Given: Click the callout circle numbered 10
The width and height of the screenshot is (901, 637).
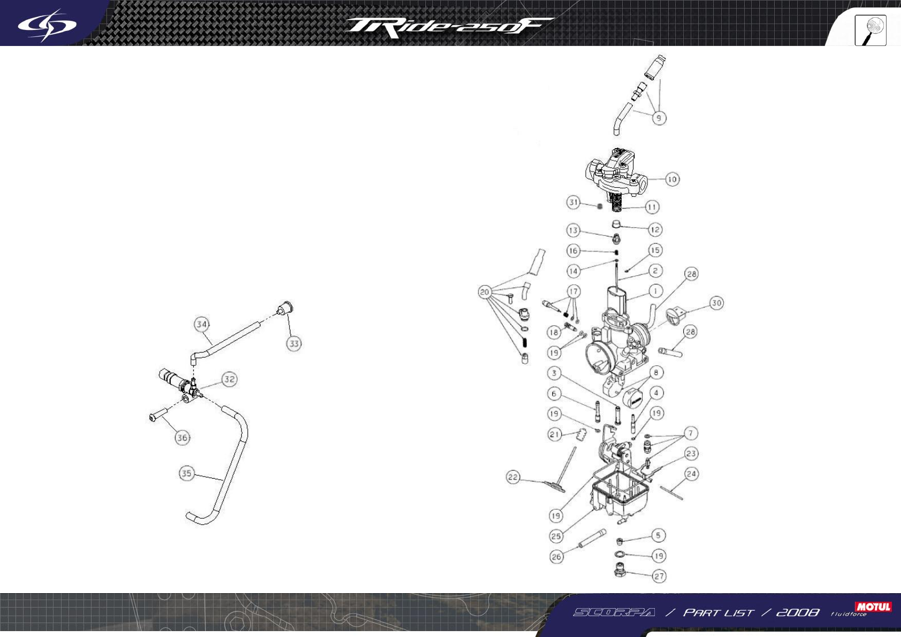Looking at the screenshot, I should point(672,179).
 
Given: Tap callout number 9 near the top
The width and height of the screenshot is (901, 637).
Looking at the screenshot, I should point(659,118).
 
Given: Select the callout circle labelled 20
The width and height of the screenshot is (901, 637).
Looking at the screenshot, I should point(485,292).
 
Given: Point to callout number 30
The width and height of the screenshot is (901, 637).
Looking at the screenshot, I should point(716,303).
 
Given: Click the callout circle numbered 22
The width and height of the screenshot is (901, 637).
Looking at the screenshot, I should point(513,477).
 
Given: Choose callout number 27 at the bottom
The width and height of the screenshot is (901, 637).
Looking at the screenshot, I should point(659,576).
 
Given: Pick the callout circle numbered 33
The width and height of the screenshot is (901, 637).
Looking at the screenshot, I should point(294,343).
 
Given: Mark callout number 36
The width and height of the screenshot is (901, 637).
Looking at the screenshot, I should point(182,438).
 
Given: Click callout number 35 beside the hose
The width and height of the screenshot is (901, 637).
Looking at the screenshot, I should point(186,473).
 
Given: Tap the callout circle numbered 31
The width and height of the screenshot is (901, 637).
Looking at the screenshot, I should point(574,202).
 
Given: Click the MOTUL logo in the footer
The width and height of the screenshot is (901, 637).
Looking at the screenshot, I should point(873,607).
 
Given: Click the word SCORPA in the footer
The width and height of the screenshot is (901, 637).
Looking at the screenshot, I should point(614,612).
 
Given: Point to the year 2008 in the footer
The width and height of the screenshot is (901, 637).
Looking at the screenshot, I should point(797,612).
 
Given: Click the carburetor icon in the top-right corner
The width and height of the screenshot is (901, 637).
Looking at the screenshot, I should point(871,30).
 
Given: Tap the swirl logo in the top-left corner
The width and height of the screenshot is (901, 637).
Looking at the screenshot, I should point(47,25).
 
